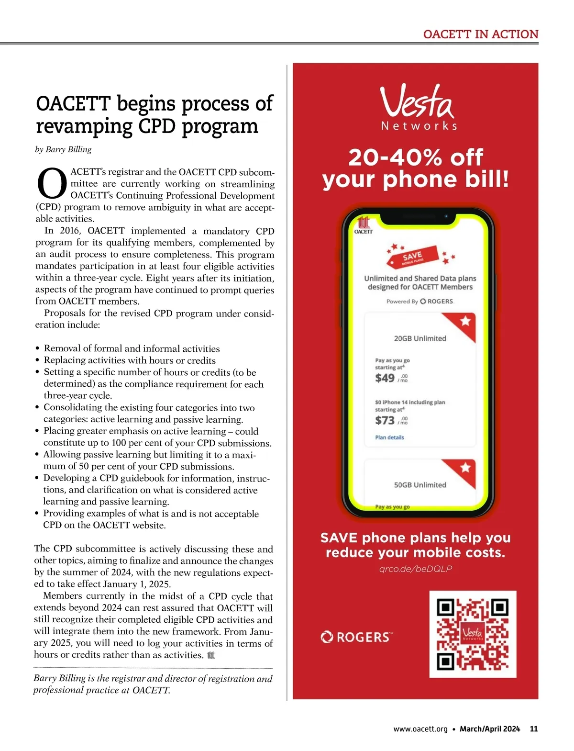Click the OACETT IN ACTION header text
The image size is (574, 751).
(481, 34)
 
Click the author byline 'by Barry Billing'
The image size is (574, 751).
(63, 149)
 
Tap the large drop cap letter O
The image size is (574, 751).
(52, 184)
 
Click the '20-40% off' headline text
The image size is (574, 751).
(416, 157)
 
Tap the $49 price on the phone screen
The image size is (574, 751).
(385, 378)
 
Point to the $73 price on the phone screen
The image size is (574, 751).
(385, 420)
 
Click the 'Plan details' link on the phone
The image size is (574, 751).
(389, 437)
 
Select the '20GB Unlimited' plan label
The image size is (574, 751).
(420, 338)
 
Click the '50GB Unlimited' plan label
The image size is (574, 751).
(420, 485)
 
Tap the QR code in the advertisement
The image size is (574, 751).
(473, 634)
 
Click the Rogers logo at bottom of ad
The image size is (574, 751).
(356, 637)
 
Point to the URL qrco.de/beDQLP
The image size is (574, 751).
(415, 569)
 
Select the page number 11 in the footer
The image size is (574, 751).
(534, 729)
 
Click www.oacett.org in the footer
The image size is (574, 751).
(420, 729)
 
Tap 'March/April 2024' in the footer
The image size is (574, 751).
(489, 729)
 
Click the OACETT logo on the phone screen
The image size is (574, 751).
(364, 225)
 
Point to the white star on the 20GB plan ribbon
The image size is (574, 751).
(465, 321)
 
